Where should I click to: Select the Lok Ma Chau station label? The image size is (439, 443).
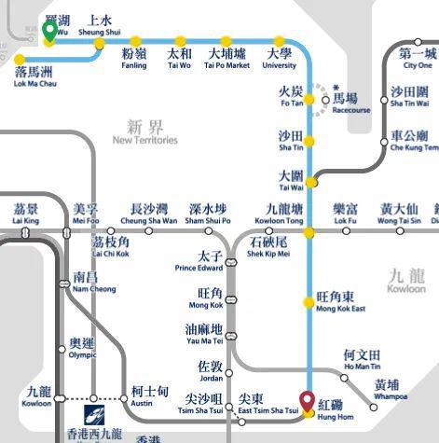click(34, 76)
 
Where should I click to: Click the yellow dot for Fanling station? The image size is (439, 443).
click(136, 41)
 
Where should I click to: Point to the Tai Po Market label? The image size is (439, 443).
click(227, 59)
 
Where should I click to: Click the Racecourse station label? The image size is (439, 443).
click(350, 103)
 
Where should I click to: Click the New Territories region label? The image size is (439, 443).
click(144, 132)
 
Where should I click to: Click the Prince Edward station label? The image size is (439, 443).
click(198, 261)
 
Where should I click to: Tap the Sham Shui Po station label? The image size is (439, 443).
click(207, 214)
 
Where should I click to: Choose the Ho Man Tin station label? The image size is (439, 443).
click(362, 360)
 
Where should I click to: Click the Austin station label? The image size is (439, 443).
click(148, 396)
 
